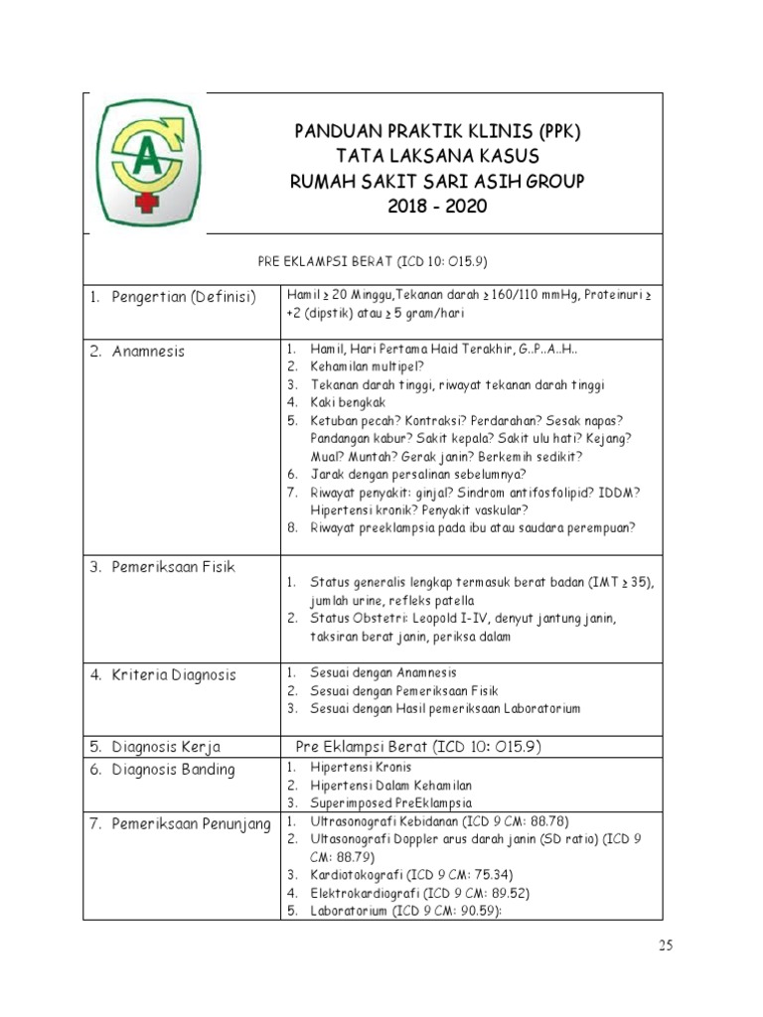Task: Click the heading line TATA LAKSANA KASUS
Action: point(436,156)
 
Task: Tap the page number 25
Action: point(665,945)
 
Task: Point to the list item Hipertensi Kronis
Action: point(361,768)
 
